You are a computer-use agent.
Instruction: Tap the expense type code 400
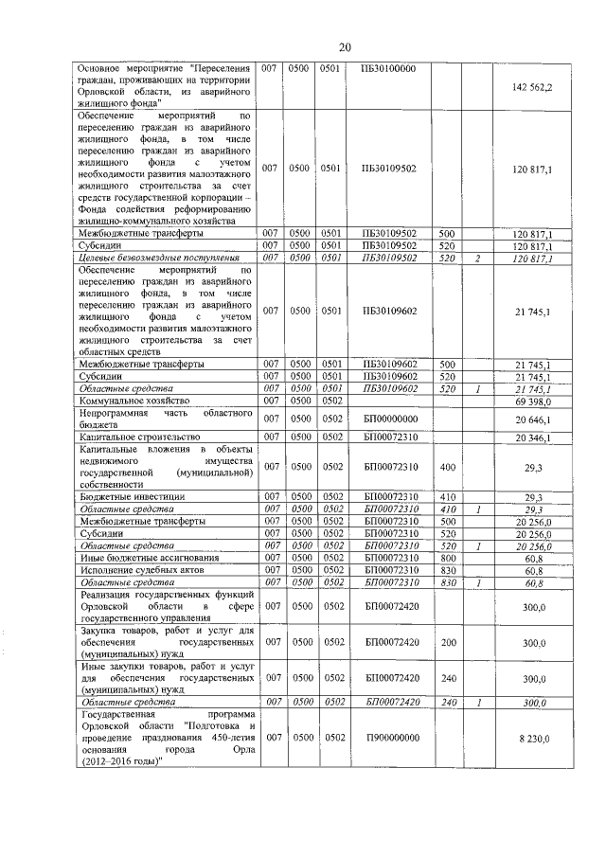click(448, 466)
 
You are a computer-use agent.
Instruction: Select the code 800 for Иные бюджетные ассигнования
click(448, 558)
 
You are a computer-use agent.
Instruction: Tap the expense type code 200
click(448, 642)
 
